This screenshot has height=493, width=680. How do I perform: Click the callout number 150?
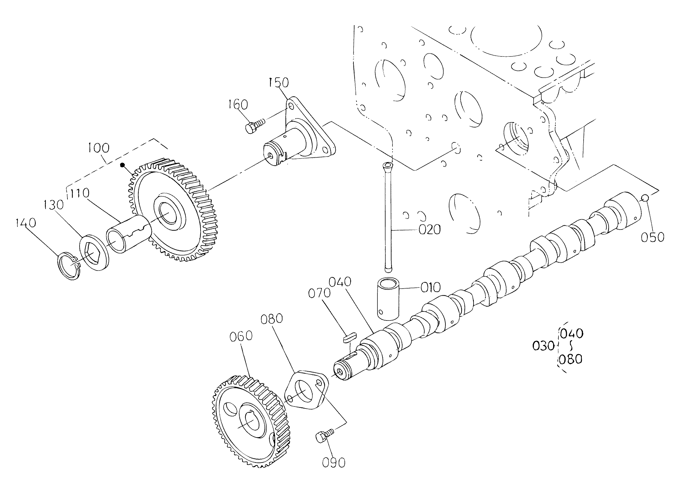point(279,83)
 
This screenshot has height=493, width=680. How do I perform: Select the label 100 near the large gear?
point(99,148)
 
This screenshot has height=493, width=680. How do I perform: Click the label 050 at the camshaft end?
point(653,237)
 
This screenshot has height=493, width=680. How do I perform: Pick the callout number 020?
point(430,230)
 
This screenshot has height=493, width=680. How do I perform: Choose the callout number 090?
point(334,463)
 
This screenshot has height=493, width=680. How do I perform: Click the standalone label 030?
point(543,346)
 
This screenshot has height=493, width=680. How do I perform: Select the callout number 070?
point(319,293)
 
